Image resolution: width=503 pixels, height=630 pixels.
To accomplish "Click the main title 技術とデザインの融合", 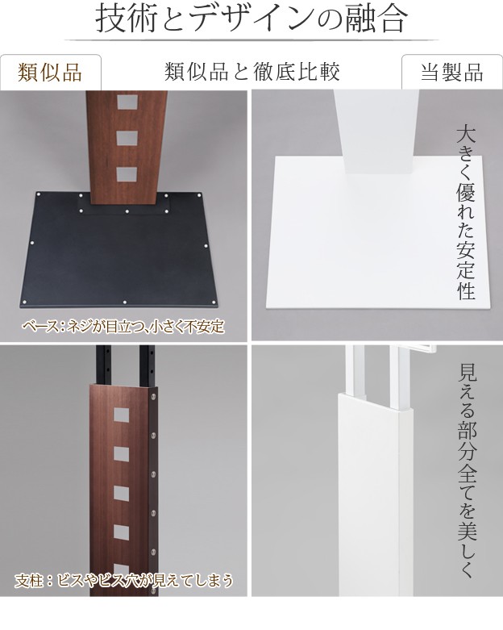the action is [x=251, y=19].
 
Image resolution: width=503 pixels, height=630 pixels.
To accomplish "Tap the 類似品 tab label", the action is [x=50, y=73].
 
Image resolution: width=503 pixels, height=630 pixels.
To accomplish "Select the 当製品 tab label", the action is [x=452, y=73].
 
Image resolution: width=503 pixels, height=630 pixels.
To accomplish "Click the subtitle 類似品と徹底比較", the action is [x=252, y=72].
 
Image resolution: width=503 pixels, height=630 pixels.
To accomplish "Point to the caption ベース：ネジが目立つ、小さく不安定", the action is [x=123, y=326].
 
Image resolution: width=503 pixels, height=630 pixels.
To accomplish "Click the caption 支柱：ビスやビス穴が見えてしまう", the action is [x=124, y=580].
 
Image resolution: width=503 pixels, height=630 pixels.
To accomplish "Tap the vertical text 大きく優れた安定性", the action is [x=466, y=212].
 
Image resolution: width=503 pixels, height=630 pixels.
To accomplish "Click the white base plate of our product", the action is [x=378, y=237].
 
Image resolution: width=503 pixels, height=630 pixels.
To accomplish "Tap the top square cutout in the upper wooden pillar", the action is [x=127, y=103].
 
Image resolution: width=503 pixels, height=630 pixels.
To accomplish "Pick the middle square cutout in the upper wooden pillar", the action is [x=127, y=138].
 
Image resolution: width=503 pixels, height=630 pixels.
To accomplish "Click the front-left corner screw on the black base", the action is [x=25, y=302].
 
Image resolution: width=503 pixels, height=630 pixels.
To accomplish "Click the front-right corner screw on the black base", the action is [x=212, y=302].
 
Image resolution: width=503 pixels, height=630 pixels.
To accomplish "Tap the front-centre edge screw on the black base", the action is [x=124, y=302].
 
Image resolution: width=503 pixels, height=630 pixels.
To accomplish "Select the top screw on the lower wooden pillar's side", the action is [x=153, y=398].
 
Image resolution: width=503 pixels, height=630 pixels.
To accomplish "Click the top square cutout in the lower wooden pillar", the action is [x=121, y=415].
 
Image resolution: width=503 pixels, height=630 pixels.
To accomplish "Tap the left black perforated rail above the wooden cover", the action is [x=103, y=365].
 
